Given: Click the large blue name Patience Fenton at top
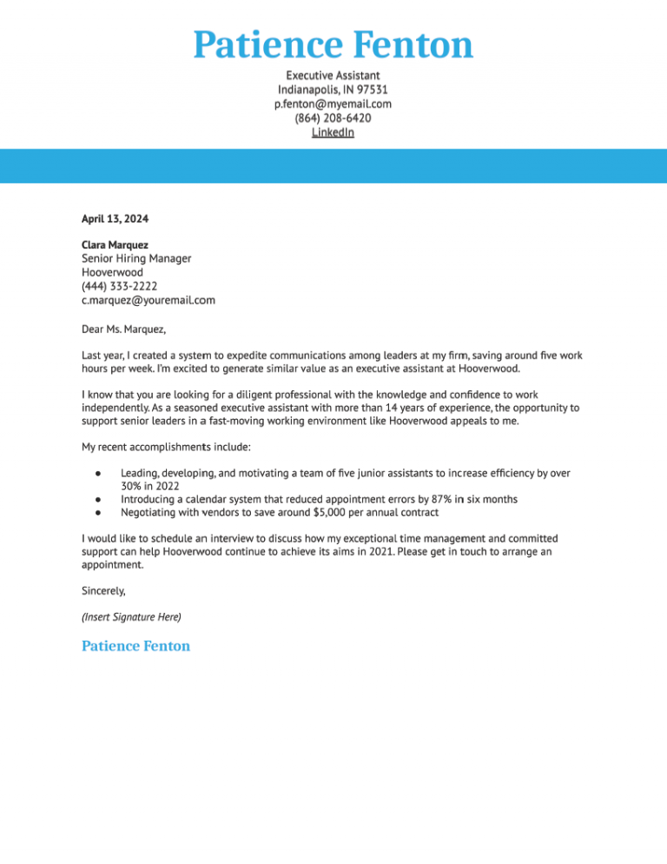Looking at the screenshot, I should (333, 44).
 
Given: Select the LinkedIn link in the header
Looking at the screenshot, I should (333, 132).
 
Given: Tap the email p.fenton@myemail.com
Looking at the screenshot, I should (333, 103).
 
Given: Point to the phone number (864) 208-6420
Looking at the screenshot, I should (333, 118).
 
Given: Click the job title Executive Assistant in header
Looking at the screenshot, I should (333, 76).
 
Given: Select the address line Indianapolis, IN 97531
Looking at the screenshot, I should (333, 90).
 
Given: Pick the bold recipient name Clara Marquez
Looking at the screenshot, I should (115, 245).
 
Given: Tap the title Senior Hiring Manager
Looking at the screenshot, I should (136, 258).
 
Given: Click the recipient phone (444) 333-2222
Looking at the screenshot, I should (119, 286).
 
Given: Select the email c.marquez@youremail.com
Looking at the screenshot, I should (148, 300).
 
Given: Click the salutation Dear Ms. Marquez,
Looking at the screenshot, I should (123, 329).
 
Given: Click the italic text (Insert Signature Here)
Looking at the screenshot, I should (131, 617).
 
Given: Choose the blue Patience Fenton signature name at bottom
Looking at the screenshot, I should (135, 646).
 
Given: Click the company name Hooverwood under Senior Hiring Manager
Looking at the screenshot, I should (112, 272).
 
